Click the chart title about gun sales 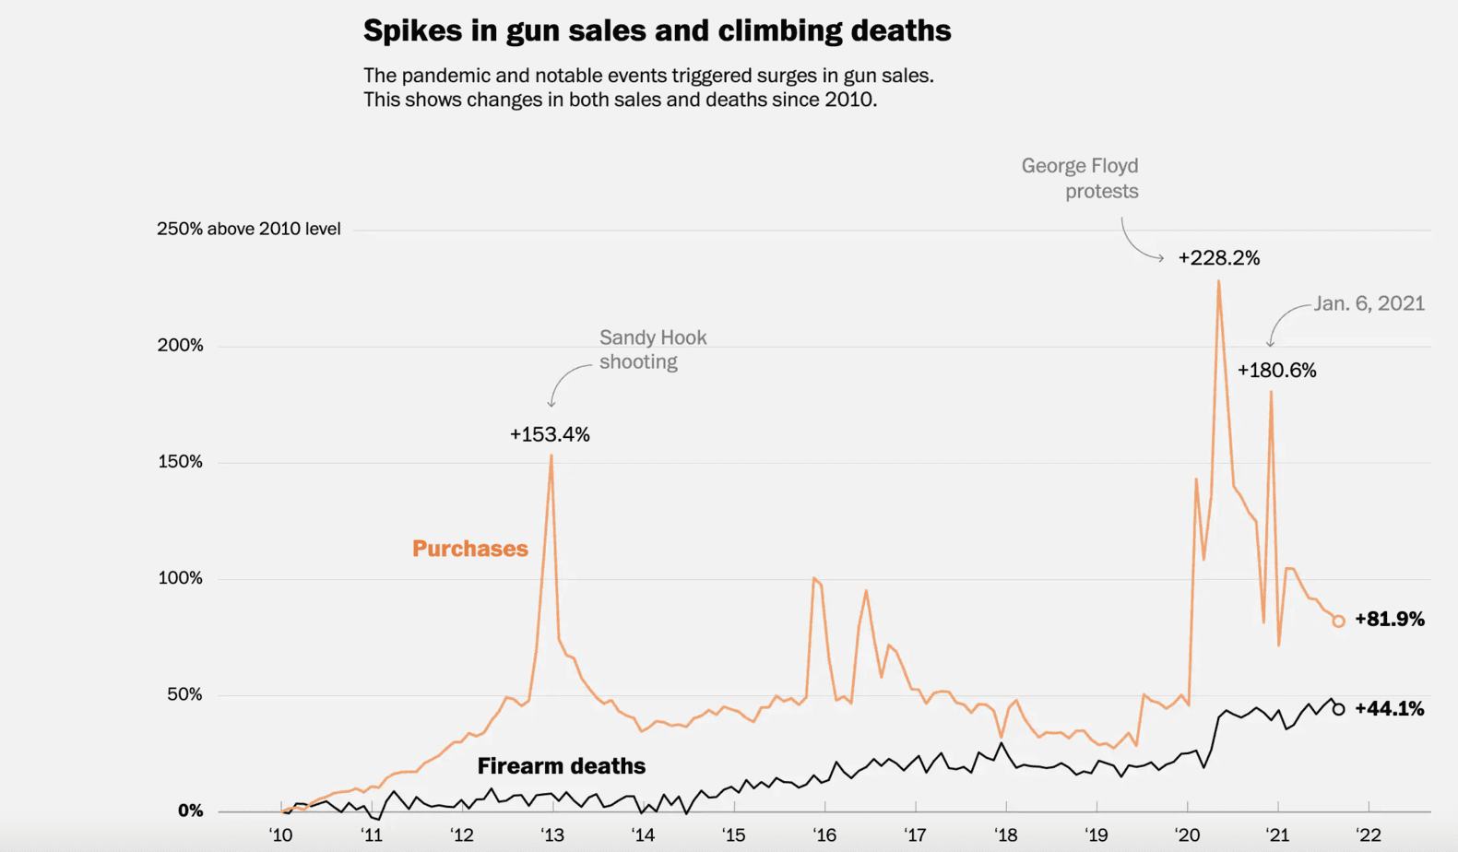pyautogui.click(x=657, y=30)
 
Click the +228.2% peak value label pyautogui.click(x=1218, y=258)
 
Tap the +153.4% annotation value pyautogui.click(x=550, y=434)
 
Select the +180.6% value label pyautogui.click(x=1276, y=371)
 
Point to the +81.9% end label pyautogui.click(x=1389, y=620)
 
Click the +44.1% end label pyautogui.click(x=1389, y=709)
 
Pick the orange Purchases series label pyautogui.click(x=469, y=549)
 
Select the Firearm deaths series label pyautogui.click(x=561, y=766)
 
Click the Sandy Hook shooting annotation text pyautogui.click(x=652, y=349)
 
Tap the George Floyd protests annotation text pyautogui.click(x=1081, y=178)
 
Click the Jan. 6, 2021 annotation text pyautogui.click(x=1369, y=304)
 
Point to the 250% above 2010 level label pyautogui.click(x=248, y=229)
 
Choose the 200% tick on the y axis pyautogui.click(x=181, y=346)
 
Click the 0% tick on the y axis pyautogui.click(x=190, y=811)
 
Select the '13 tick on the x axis pyautogui.click(x=551, y=835)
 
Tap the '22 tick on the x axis pyautogui.click(x=1368, y=835)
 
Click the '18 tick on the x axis pyautogui.click(x=1004, y=835)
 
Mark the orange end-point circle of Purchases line pyautogui.click(x=1338, y=621)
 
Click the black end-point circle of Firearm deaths pyautogui.click(x=1338, y=709)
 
